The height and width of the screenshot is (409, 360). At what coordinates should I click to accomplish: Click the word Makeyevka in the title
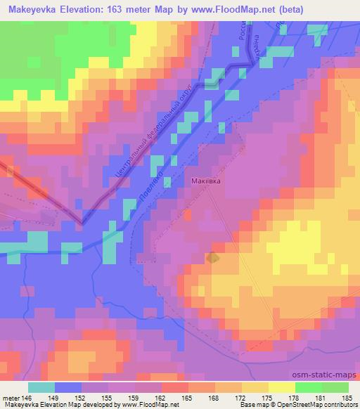tap(30, 10)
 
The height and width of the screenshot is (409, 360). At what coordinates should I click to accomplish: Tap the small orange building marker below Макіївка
tap(212, 259)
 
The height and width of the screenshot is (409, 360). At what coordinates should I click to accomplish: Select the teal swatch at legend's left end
tap(41, 387)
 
